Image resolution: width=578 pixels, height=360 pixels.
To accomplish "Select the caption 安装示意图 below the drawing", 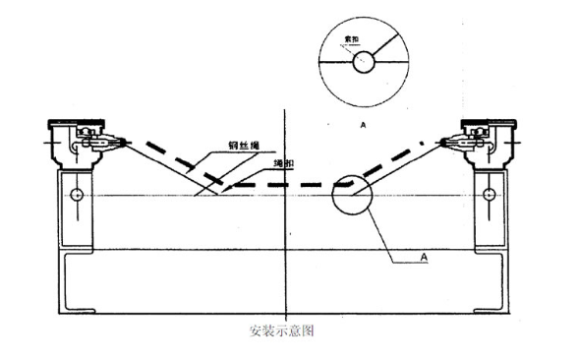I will click(x=282, y=331).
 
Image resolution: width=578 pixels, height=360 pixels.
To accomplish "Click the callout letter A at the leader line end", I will click(x=425, y=258).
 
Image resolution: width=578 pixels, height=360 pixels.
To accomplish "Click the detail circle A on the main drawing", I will click(x=352, y=197).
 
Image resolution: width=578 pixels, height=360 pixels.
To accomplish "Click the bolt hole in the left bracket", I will click(x=76, y=195).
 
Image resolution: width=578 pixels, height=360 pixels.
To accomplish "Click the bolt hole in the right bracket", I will click(x=489, y=195).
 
